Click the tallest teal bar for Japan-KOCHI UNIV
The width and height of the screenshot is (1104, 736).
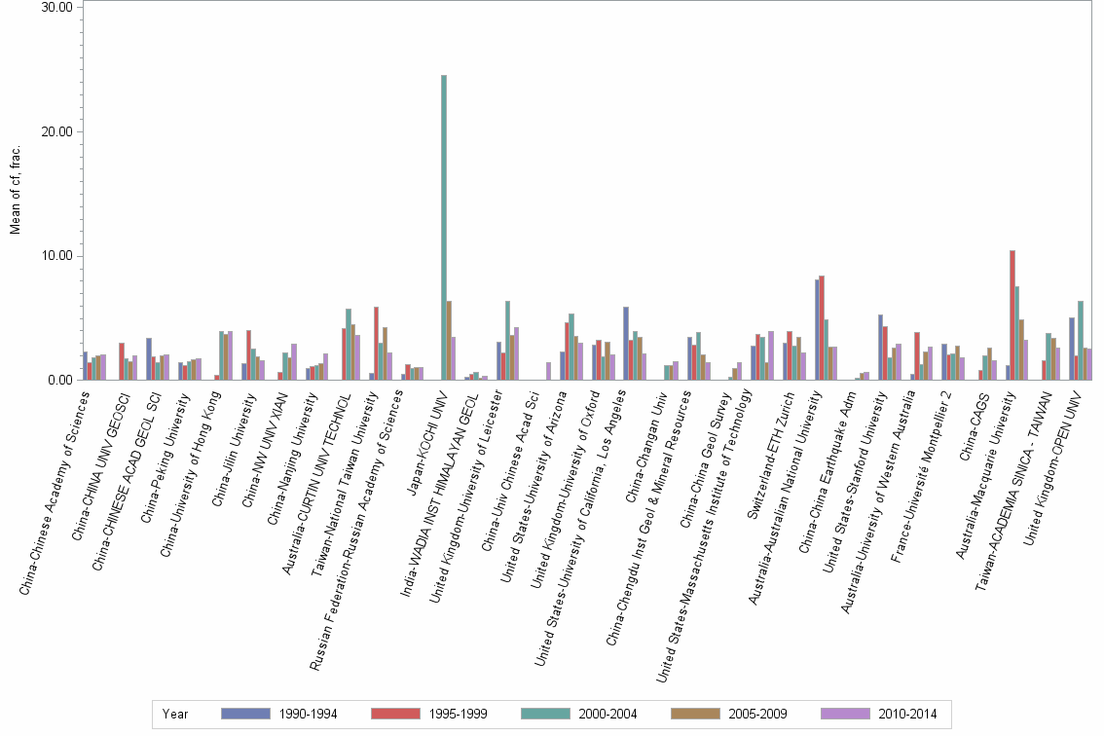(444, 228)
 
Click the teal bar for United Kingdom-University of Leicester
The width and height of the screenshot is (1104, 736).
(508, 341)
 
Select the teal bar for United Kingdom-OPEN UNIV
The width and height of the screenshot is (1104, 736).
(1081, 341)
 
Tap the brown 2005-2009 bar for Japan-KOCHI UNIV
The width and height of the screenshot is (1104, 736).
(449, 341)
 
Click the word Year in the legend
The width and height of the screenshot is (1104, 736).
(176, 715)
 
